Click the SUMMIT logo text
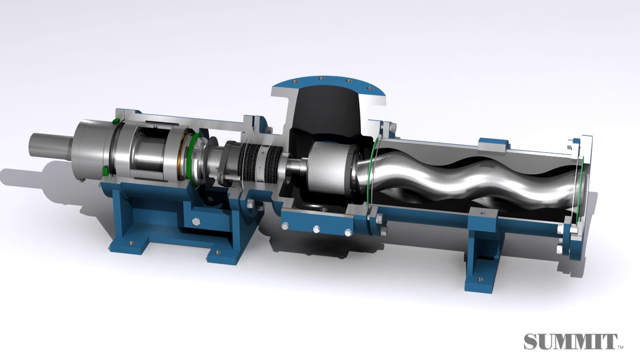[x=570, y=342]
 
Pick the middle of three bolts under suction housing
[x=316, y=228]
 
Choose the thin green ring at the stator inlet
[x=370, y=170]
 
